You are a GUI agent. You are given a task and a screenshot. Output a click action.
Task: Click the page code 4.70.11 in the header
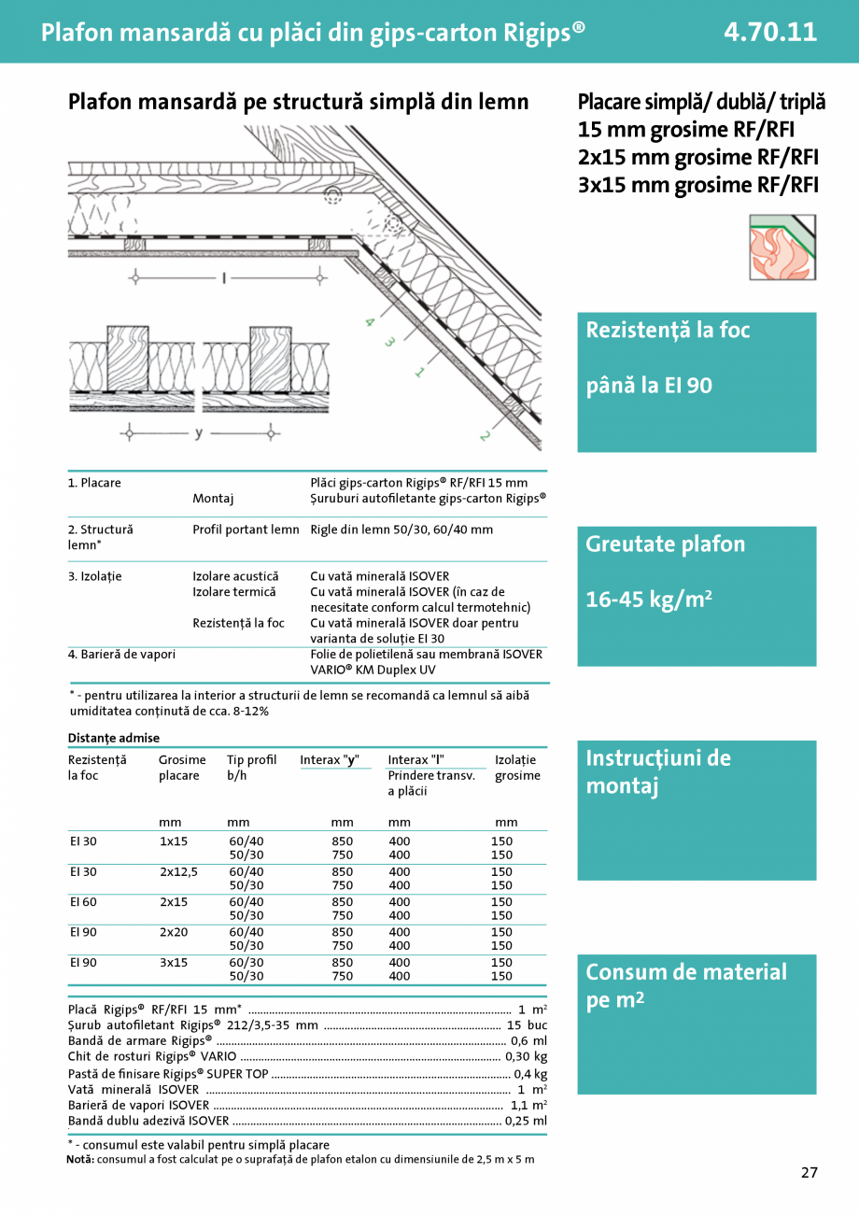pyautogui.click(x=769, y=32)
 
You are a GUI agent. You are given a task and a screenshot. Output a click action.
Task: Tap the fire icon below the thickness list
pyautogui.click(x=782, y=247)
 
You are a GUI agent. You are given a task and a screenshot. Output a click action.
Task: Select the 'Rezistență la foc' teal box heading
pyautogui.click(x=668, y=330)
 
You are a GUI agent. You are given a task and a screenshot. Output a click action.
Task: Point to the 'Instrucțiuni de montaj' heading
pyautogui.click(x=657, y=771)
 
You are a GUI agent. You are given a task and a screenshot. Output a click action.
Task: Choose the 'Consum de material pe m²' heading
pyautogui.click(x=685, y=985)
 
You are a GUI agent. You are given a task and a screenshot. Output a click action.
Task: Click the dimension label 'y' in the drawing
pyautogui.click(x=198, y=433)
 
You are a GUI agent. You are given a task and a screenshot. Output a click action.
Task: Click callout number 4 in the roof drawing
pyautogui.click(x=370, y=322)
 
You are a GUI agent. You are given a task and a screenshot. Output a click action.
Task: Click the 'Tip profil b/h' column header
pyautogui.click(x=251, y=768)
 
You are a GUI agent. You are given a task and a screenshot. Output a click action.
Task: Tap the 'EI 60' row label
pyautogui.click(x=83, y=902)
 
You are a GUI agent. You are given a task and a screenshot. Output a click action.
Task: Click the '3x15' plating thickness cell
pyautogui.click(x=174, y=962)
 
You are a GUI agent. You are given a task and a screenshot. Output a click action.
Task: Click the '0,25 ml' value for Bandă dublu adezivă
pyautogui.click(x=526, y=1121)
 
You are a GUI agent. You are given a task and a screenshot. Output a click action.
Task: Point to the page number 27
pyautogui.click(x=809, y=1173)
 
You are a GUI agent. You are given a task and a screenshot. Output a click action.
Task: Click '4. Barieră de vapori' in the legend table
pyautogui.click(x=121, y=655)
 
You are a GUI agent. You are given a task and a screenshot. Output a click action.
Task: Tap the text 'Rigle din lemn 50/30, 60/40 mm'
pyautogui.click(x=401, y=530)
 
